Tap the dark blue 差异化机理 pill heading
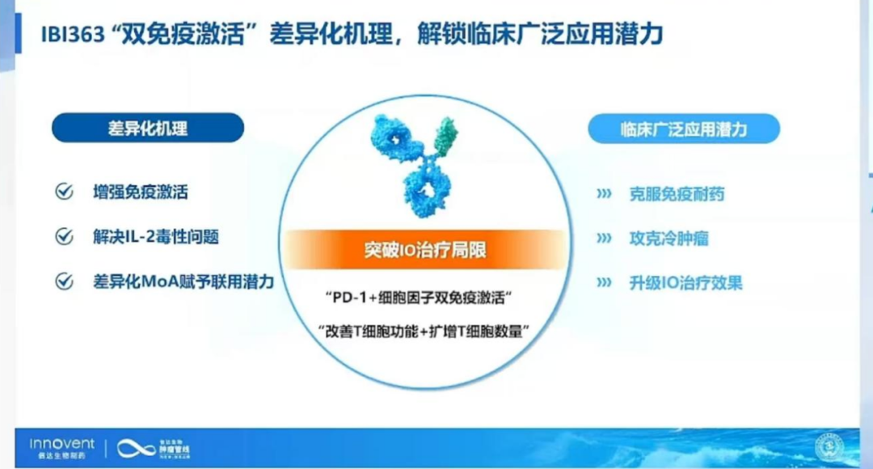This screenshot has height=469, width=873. click(148, 128)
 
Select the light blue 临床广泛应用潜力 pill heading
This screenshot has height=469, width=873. click(684, 129)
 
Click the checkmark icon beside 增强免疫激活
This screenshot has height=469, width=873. click(63, 192)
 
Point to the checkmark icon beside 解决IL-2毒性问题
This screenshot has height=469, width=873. click(63, 237)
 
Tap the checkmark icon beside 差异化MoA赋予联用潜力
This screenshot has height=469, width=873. click(63, 281)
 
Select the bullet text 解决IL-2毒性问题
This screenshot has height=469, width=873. click(156, 237)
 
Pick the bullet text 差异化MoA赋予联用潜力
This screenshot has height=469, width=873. click(183, 281)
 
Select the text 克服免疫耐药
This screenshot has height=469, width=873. click(677, 194)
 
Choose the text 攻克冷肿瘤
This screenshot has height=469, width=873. click(669, 239)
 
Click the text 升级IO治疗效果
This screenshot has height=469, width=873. click(685, 283)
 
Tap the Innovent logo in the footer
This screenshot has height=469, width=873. click(62, 446)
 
